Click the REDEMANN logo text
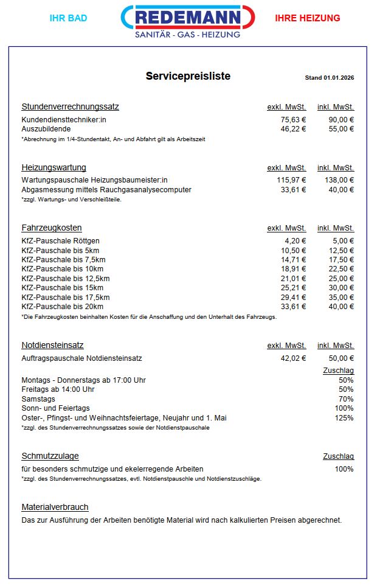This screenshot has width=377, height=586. point(188,18)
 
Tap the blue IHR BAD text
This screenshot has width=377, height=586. point(68,18)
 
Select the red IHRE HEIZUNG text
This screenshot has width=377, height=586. point(307,18)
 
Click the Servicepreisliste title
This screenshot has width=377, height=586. point(188,77)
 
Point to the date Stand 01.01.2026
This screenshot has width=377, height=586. point(329,78)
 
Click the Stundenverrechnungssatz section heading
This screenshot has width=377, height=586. point(70,107)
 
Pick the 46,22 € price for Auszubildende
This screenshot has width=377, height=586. point(293,129)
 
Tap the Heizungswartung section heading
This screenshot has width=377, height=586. point(54,168)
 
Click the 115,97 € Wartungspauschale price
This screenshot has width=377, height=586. point(291,180)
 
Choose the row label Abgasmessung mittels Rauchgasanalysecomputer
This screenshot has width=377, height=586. point(106,190)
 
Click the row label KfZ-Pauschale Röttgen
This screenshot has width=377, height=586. point(60,241)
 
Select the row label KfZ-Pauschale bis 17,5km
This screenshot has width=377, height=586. point(65,297)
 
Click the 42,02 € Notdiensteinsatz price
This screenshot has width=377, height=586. point(293,358)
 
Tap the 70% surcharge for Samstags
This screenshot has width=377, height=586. point(346,399)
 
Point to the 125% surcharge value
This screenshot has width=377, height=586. point(344,418)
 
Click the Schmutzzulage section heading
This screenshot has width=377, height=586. point(50,456)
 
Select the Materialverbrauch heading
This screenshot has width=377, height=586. point(55,508)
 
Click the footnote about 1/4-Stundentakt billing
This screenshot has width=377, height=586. point(113,139)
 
